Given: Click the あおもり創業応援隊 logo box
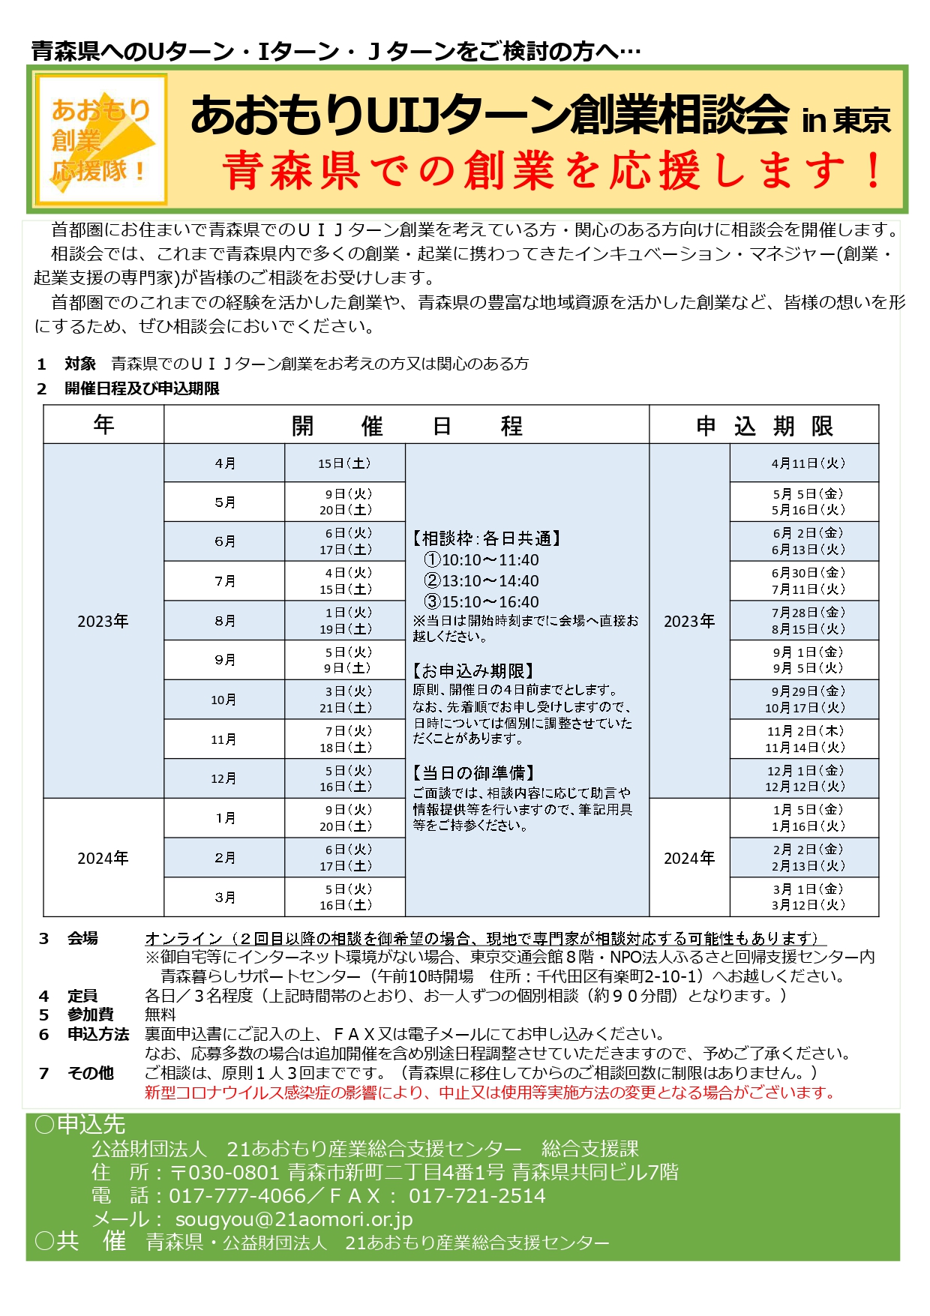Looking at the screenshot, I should click(101, 139).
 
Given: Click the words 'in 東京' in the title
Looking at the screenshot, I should click(845, 120).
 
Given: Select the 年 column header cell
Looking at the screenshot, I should click(103, 425).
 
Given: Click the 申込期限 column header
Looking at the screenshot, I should click(763, 425).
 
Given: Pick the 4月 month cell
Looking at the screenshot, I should click(224, 463).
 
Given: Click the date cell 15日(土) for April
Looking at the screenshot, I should click(344, 463).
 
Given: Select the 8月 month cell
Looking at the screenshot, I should click(224, 621).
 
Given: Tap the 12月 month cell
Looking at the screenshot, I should click(224, 778).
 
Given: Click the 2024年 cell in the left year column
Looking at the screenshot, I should click(103, 858).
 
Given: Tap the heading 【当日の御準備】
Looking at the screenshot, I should click(474, 773).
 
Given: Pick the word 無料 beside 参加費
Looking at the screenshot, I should click(160, 1015).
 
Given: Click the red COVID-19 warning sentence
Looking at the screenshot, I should click(490, 1093).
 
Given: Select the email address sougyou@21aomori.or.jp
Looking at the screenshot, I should click(294, 1219).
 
